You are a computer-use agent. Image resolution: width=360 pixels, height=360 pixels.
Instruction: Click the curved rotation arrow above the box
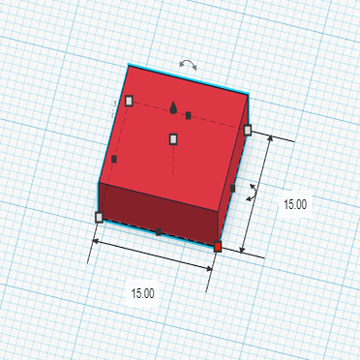pyautogui.click(x=189, y=65)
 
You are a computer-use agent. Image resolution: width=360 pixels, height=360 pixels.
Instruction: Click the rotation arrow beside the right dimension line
pyautogui.click(x=252, y=192)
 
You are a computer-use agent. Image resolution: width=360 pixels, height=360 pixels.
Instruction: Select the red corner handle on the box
pyautogui.click(x=218, y=248)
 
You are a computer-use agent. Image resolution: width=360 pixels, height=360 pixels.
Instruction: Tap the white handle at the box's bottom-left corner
pyautogui.click(x=99, y=218)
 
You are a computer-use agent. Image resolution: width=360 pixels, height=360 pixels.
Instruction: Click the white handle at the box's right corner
pyautogui.click(x=248, y=130)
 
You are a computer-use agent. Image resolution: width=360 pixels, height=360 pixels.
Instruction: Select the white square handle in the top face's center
pyautogui.click(x=174, y=139)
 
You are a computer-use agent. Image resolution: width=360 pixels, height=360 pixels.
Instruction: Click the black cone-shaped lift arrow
pyautogui.click(x=173, y=107)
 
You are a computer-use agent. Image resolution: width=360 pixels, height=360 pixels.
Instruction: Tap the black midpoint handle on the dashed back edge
pyautogui.click(x=189, y=115)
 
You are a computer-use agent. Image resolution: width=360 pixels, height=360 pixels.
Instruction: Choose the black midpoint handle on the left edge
pyautogui.click(x=114, y=159)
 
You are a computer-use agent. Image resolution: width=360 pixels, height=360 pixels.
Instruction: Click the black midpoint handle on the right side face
pyautogui.click(x=233, y=189)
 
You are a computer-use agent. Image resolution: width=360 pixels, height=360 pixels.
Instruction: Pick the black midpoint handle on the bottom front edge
pyautogui.click(x=159, y=232)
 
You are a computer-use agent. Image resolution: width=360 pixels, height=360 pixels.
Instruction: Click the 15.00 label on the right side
pyautogui.click(x=294, y=204)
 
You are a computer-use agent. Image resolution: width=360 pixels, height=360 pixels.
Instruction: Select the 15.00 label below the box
pyautogui.click(x=143, y=292)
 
